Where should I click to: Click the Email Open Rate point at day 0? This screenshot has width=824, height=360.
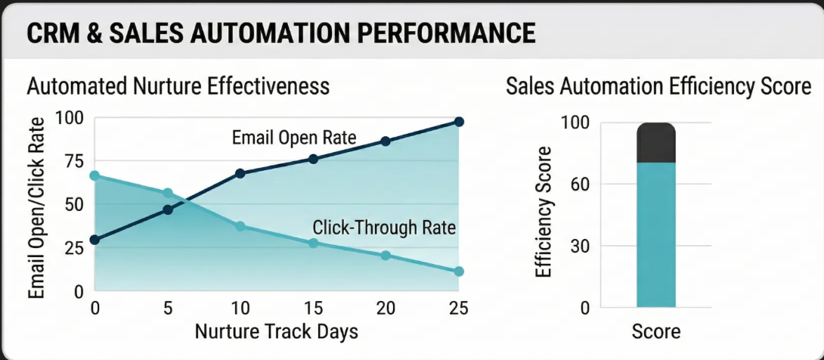pyautogui.click(x=94, y=240)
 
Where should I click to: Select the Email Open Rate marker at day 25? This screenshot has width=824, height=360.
pyautogui.click(x=459, y=122)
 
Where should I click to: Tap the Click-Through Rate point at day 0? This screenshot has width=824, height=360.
pyautogui.click(x=94, y=175)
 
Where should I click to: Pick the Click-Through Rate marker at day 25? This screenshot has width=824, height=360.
pyautogui.click(x=459, y=271)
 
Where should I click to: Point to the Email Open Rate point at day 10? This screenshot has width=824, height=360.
pyautogui.click(x=240, y=173)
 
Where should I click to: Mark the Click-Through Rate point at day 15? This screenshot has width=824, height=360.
pyautogui.click(x=313, y=243)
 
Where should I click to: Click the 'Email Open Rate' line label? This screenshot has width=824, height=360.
pyautogui.click(x=294, y=138)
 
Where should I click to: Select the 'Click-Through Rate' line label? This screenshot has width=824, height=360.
pyautogui.click(x=384, y=227)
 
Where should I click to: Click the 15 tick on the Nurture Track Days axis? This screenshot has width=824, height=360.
pyautogui.click(x=313, y=309)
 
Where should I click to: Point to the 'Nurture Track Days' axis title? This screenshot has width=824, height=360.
pyautogui.click(x=277, y=331)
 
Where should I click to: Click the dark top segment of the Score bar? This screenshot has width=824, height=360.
pyautogui.click(x=656, y=143)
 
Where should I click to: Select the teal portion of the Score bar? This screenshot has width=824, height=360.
pyautogui.click(x=656, y=234)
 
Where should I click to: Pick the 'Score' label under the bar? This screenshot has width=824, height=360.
pyautogui.click(x=656, y=331)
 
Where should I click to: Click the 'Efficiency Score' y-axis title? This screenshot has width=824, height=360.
pyautogui.click(x=544, y=212)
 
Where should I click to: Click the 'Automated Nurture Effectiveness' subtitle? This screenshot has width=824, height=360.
pyautogui.click(x=178, y=86)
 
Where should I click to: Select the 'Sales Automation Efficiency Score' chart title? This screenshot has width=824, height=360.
pyautogui.click(x=658, y=86)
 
